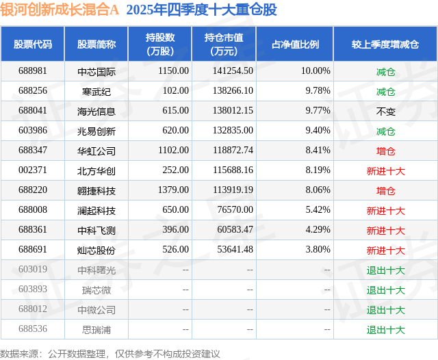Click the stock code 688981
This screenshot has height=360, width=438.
point(33,70)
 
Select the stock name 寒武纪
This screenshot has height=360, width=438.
point(96,91)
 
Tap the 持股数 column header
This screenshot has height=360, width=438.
point(160,44)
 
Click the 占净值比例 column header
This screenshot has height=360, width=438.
point(300,44)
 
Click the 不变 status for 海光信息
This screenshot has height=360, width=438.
point(386,111)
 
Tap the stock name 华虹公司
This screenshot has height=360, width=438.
point(96,151)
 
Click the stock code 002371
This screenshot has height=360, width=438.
point(33,170)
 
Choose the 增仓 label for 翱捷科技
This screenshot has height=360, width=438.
point(386,190)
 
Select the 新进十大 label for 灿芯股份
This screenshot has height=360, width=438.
point(386,250)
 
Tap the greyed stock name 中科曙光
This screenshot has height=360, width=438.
point(96,270)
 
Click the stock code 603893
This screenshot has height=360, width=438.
point(33,290)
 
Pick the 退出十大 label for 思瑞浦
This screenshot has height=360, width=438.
point(386,330)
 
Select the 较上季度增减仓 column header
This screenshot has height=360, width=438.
point(386,44)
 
